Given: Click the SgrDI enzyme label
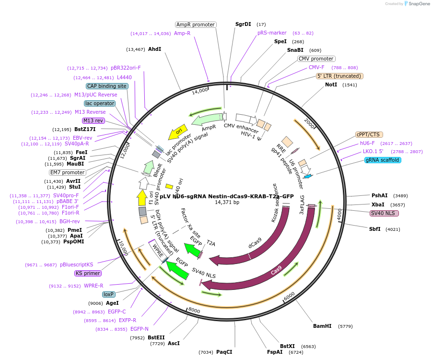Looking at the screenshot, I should tap(243, 24).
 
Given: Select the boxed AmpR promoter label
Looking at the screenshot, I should tap(196, 24).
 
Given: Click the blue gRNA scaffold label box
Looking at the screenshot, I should tap(382, 160).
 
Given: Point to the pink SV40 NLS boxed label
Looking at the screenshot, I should tap(384, 213).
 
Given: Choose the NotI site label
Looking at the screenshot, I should tap(331, 84).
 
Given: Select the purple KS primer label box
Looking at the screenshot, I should tap(88, 274).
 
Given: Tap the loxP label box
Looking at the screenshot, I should tap(109, 294).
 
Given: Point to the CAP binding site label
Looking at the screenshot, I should tap(107, 86).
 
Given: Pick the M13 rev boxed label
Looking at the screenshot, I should tap(93, 120).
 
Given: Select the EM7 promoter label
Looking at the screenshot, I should tap(68, 172).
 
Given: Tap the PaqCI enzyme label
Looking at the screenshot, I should tap(224, 352).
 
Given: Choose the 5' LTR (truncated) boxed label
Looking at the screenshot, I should tap(339, 76).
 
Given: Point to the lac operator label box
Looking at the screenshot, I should tap(99, 103).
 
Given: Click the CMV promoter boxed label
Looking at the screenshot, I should tap(316, 59).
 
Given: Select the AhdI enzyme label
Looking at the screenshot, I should tap(154, 49).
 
